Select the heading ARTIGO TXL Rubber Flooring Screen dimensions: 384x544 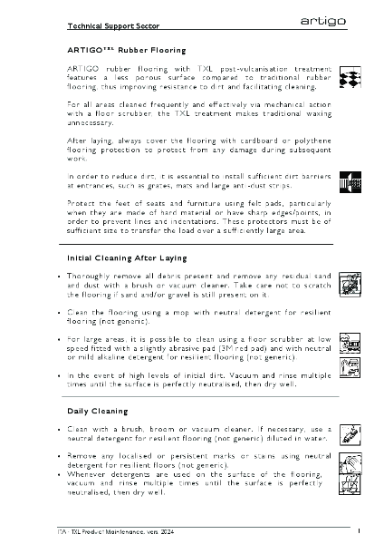pyautogui.click(x=126, y=50)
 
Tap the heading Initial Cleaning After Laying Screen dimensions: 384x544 pyautogui.click(x=127, y=258)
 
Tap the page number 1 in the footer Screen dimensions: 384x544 pyautogui.click(x=360, y=529)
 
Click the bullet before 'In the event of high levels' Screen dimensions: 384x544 pyautogui.click(x=59, y=374)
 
